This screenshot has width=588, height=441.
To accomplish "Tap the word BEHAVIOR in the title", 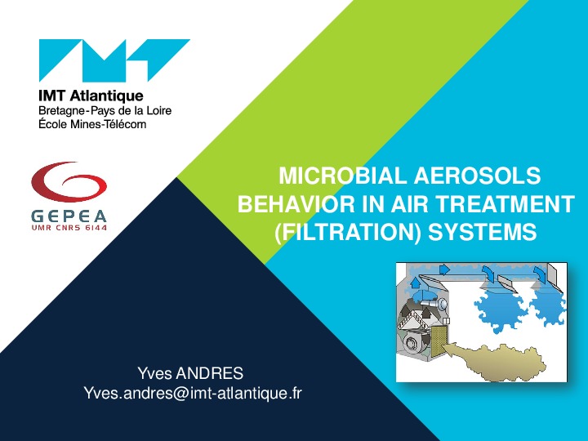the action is coord(296,203).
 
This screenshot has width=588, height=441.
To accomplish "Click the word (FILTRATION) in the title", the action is coord(349,232).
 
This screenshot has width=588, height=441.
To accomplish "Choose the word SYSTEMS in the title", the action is coord(483,232).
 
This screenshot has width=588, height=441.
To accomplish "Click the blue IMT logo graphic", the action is coord(114,60).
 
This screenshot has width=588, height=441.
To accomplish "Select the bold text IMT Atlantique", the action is coord(91,96).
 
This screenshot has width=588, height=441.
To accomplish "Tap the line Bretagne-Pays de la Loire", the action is coord(105,110).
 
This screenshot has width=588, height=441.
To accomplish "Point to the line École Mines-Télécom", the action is coord(92,124).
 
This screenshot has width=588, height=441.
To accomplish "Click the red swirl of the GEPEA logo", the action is coord(69,182).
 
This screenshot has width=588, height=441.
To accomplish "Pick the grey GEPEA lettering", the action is coord(69,216).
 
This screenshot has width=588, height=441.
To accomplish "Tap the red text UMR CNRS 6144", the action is coord(69,228).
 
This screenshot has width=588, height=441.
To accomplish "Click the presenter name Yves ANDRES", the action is coord(190,373).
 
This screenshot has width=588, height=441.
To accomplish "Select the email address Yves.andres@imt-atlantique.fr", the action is coord(193,394).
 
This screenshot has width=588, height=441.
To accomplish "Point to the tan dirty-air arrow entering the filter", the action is coord(494,360).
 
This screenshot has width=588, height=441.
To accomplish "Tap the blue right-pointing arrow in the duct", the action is coord(444,269).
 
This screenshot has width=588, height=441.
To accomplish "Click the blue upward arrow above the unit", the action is coord(416,283).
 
